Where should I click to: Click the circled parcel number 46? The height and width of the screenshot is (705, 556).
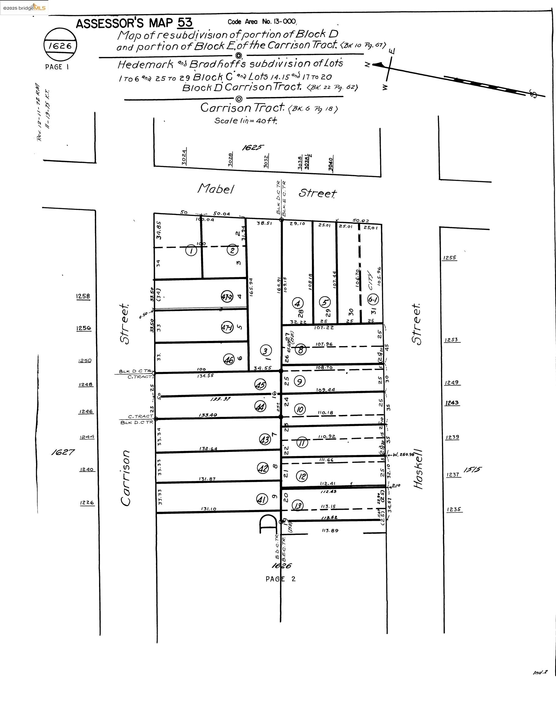228,360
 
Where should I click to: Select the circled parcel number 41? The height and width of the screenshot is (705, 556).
262,499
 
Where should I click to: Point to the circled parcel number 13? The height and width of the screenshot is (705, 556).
298,505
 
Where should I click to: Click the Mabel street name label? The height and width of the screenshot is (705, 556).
216,188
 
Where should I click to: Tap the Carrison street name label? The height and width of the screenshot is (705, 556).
126,478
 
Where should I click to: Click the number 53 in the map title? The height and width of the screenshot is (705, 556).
185,23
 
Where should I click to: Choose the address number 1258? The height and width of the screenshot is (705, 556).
83,296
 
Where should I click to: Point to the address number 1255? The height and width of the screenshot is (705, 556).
450,258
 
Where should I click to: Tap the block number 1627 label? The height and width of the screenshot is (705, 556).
63,452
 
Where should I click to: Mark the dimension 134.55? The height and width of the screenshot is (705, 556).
206,375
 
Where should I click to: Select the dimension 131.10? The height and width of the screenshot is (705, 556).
209,509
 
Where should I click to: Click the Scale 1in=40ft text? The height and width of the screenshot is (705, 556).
246,121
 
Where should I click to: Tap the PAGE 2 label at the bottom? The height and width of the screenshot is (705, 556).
280,579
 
